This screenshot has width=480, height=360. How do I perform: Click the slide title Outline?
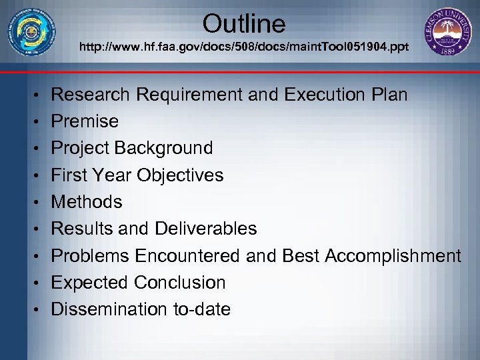[244, 24]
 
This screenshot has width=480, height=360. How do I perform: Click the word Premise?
[85, 121]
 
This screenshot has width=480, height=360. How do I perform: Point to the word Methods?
[87, 202]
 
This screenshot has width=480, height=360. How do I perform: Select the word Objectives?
[180, 175]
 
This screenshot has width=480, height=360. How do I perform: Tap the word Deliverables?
[205, 229]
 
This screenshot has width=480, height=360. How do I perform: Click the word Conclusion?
[179, 283]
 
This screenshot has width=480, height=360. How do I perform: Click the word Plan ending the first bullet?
[389, 95]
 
